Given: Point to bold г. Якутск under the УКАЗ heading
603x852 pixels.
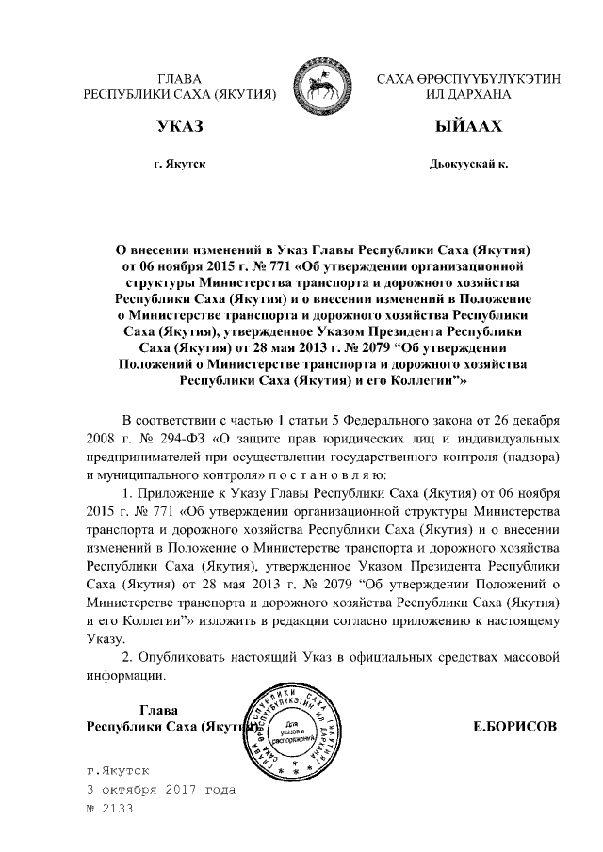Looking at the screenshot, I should (179, 165).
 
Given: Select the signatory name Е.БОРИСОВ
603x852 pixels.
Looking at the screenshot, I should (515, 727).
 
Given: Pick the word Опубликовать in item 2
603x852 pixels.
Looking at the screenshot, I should (192, 654).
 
